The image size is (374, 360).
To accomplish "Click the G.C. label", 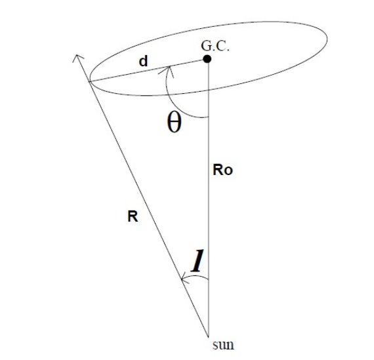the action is click(x=215, y=46).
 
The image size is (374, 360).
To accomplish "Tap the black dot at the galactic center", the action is click(x=207, y=58).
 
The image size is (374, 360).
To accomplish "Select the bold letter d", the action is click(x=143, y=61).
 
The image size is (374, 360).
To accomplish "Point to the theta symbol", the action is click(x=174, y=123).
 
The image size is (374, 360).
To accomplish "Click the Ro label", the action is click(x=222, y=170).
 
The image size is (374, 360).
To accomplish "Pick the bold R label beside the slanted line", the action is click(x=133, y=216).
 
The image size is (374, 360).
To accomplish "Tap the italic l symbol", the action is click(x=197, y=260).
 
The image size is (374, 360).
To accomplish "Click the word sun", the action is click(x=223, y=345).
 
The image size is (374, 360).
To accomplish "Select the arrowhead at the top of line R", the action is click(x=77, y=58).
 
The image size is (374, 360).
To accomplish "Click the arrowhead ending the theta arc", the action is click(x=167, y=71).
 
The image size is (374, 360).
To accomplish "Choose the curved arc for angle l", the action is click(x=196, y=276).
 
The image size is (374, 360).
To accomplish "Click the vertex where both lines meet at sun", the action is click(x=209, y=337).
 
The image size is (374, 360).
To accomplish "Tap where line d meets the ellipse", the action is click(x=89, y=82).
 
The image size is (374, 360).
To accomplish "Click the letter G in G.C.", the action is click(x=205, y=46).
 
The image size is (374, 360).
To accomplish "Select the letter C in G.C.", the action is click(x=221, y=46).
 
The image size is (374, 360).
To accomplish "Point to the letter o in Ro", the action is click(x=228, y=171).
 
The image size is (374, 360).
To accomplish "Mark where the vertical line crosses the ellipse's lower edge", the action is click(x=209, y=90).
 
